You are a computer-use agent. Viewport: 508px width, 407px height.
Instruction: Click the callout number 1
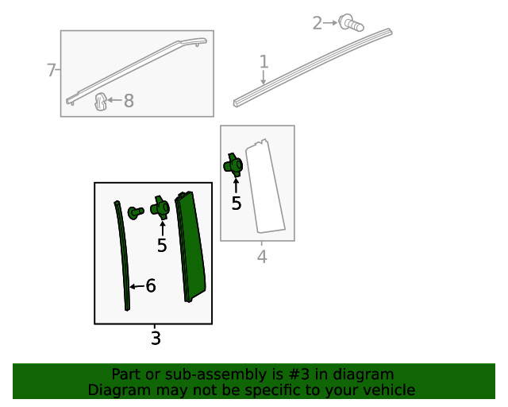point(264,62)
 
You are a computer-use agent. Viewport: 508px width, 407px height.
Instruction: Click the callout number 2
point(317,23)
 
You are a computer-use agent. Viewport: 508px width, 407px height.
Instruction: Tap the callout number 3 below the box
point(156,338)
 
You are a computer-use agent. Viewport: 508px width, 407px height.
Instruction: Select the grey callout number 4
point(262,257)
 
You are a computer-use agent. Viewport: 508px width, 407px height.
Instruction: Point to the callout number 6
point(151,285)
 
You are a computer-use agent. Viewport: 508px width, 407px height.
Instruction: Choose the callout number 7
point(51,70)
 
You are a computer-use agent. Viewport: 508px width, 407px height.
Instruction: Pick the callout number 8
point(129,101)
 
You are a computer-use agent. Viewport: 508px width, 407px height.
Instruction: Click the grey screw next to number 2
point(351,23)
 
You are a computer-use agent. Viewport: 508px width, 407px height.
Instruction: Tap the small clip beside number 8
point(101,101)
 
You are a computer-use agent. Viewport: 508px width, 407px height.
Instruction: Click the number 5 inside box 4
point(237,203)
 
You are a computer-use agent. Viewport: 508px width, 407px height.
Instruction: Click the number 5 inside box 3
point(162,246)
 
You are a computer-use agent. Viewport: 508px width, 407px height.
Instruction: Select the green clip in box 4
point(233,165)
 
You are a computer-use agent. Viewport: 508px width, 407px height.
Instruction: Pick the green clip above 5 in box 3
point(160,207)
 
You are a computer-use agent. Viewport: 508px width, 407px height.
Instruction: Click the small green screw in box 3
point(136,212)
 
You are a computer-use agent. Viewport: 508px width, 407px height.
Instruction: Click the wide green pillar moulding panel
point(190,246)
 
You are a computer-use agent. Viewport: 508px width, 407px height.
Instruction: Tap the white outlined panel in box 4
point(265,186)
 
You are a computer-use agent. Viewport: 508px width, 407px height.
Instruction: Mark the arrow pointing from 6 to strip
point(137,286)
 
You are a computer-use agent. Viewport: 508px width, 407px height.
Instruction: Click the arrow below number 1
point(264,78)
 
